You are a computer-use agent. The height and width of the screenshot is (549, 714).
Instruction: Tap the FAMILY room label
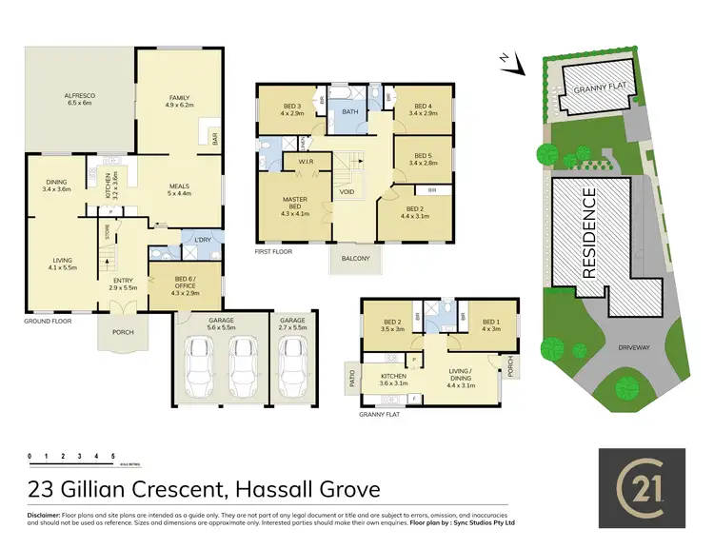coord(180,98)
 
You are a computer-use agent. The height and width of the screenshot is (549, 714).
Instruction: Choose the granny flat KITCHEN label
coord(393,376)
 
